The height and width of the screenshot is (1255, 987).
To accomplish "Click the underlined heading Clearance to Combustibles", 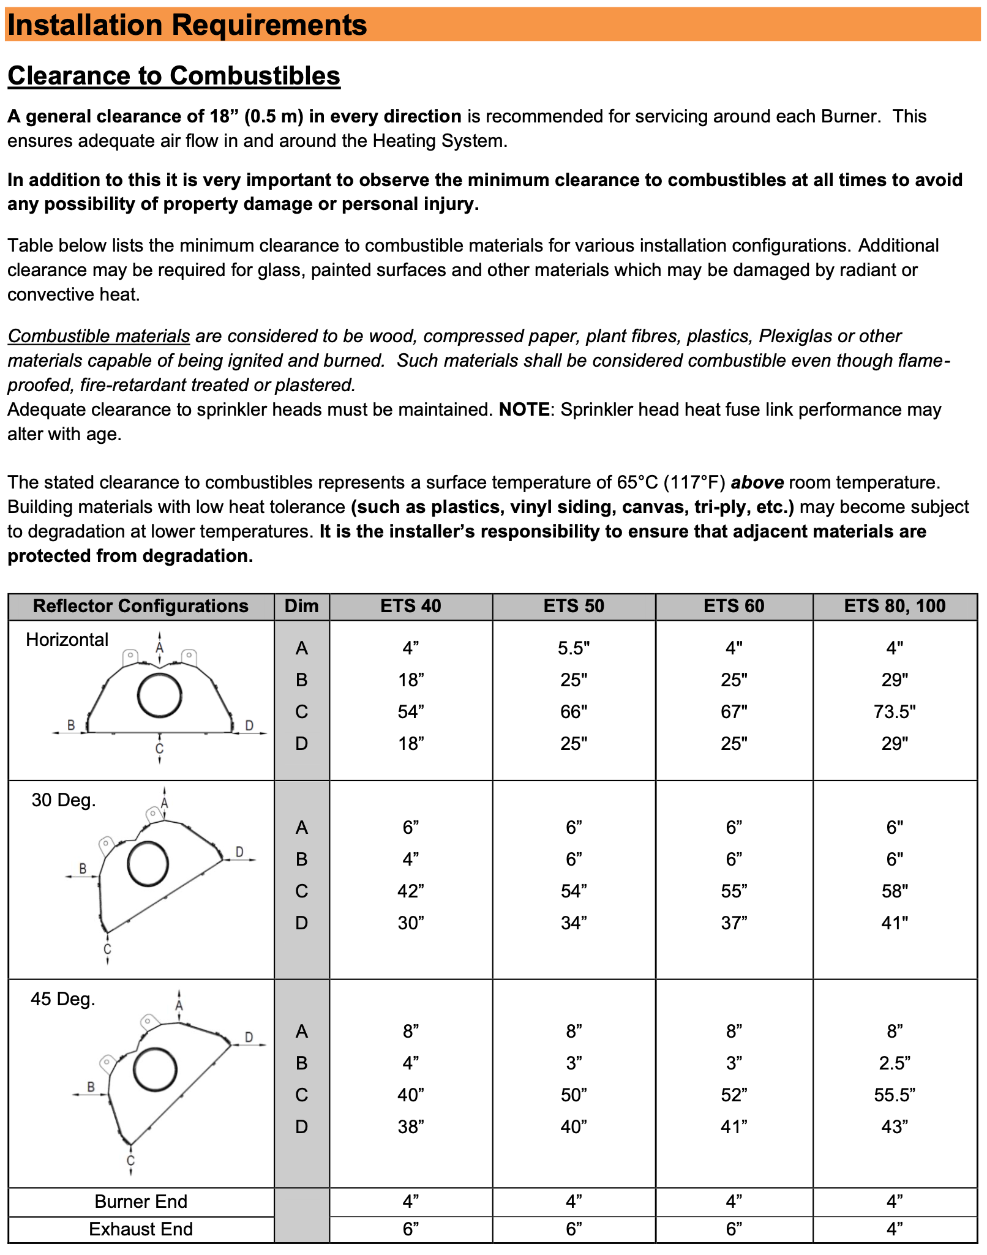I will pyautogui.click(x=174, y=76).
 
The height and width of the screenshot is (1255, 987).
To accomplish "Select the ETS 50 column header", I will pyautogui.click(x=574, y=606).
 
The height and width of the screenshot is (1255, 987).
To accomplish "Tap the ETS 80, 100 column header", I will pyautogui.click(x=895, y=606).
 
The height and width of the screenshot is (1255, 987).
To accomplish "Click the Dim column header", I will pyautogui.click(x=302, y=606).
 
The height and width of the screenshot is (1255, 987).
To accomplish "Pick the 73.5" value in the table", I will pyautogui.click(x=895, y=712).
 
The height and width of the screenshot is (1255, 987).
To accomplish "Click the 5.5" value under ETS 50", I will pyautogui.click(x=574, y=648).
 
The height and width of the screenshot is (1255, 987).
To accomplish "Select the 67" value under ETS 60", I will pyautogui.click(x=734, y=712).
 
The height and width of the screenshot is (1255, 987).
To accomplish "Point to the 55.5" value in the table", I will pyautogui.click(x=895, y=1095).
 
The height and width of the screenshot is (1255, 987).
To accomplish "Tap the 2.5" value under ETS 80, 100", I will pyautogui.click(x=895, y=1063).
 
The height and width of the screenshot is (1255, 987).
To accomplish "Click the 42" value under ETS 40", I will pyautogui.click(x=411, y=891).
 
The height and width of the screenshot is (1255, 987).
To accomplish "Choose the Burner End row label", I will pyautogui.click(x=141, y=1202).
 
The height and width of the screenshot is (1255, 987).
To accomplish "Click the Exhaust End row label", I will pyautogui.click(x=141, y=1229).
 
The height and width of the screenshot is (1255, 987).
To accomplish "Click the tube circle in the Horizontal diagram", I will pyautogui.click(x=159, y=695).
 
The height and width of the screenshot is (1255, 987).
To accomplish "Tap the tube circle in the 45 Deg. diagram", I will pyautogui.click(x=155, y=1070).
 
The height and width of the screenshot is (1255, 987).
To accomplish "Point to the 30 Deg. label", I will pyautogui.click(x=64, y=800).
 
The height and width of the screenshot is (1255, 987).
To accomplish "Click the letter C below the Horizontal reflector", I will pyautogui.click(x=160, y=748).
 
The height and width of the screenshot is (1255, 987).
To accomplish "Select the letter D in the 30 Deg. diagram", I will pyautogui.click(x=239, y=852).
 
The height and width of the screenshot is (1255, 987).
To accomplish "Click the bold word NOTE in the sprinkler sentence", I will pyautogui.click(x=524, y=410).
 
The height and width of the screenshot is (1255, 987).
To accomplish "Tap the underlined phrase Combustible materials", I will pyautogui.click(x=99, y=336).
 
